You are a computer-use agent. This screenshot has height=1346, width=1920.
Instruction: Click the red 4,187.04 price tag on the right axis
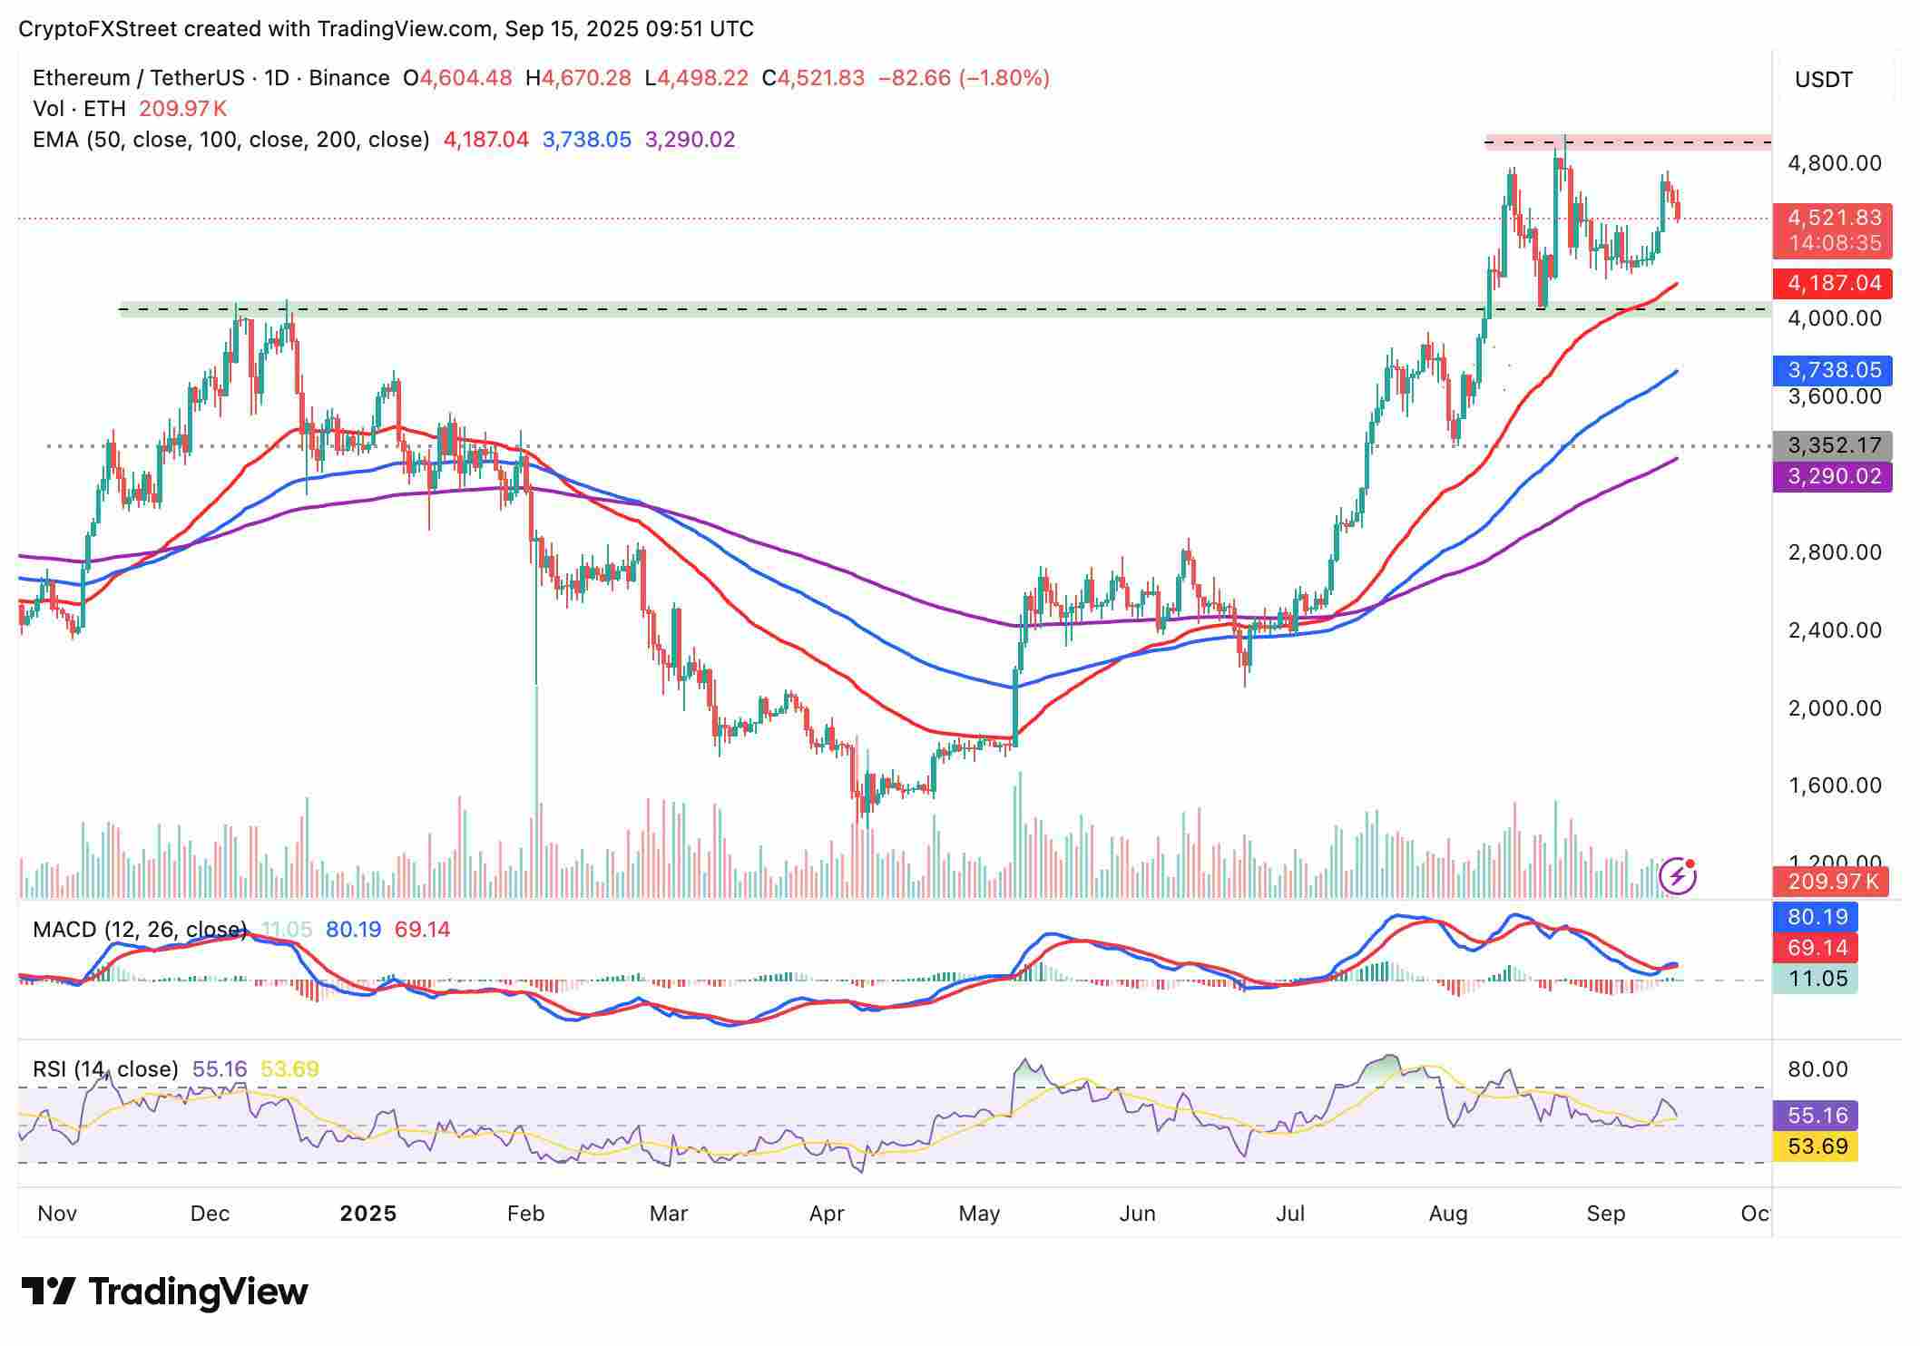point(1833,283)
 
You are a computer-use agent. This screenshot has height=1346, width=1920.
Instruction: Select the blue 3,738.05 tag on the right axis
point(1833,370)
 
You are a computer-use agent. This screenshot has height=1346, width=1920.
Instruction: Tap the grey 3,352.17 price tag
point(1833,446)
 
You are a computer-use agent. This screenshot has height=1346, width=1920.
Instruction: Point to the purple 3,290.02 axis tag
point(1833,476)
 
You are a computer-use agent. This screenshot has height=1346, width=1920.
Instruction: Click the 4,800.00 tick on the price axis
point(1834,163)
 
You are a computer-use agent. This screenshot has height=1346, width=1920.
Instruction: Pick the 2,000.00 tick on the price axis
point(1834,707)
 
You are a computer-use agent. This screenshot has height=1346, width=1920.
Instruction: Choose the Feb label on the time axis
point(525,1214)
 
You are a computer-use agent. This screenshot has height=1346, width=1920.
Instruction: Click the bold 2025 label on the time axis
point(367,1214)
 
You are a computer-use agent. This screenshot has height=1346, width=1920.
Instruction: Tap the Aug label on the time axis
point(1447,1214)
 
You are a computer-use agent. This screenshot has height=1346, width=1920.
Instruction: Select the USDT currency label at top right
point(1823,80)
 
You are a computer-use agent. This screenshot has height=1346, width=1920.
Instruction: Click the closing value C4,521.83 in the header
point(813,78)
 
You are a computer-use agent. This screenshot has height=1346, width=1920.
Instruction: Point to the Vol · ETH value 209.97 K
point(182,109)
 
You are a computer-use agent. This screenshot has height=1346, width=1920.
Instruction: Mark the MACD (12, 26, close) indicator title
point(140,930)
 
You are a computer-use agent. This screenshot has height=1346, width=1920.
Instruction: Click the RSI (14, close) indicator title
point(105,1069)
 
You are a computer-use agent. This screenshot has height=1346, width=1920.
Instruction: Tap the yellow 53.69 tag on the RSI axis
point(1817,1146)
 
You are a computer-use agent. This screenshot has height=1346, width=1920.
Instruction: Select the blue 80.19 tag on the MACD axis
point(1817,917)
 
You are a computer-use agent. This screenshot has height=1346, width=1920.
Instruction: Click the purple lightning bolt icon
point(1678,876)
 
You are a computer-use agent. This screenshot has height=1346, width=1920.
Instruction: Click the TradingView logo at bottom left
point(164,1291)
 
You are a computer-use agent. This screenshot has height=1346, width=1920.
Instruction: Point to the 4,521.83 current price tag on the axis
point(1833,219)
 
